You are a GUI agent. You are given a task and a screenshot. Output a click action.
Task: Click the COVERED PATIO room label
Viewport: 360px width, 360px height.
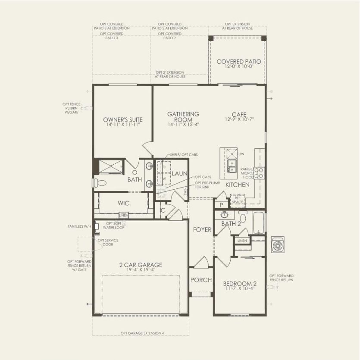238,62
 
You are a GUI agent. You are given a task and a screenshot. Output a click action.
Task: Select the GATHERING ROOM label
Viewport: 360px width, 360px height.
183,117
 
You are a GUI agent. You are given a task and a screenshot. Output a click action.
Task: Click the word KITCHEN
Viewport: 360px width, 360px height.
238,185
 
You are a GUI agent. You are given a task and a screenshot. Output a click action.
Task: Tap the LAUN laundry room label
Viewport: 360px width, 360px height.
179,173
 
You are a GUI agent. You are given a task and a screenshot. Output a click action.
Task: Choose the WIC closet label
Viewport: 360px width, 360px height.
124,203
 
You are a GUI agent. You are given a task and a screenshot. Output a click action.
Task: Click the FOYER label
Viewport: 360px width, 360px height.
202,230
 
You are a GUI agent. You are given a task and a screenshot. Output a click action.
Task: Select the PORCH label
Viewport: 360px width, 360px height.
201,280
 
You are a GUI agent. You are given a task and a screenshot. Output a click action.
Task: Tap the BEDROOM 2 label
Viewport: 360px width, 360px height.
240,283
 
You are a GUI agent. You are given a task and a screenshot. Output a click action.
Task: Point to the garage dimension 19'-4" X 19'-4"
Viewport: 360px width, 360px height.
141,270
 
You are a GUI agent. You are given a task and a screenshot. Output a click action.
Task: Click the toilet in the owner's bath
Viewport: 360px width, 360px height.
98,183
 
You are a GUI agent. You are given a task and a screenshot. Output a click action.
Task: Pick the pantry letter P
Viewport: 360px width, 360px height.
221,205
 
